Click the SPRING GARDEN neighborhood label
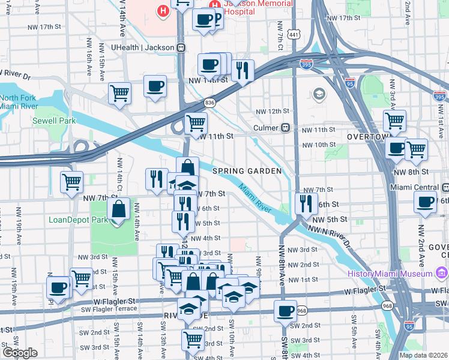point(247,171)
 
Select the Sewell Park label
point(55,121)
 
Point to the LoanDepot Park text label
point(79,220)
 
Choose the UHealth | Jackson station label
point(142,47)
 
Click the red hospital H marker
point(162,10)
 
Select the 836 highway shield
point(209,103)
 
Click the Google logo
point(20,352)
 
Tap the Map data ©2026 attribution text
point(423,355)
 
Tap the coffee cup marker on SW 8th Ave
point(285,311)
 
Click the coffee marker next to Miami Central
point(425,202)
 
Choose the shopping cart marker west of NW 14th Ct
point(71,181)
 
